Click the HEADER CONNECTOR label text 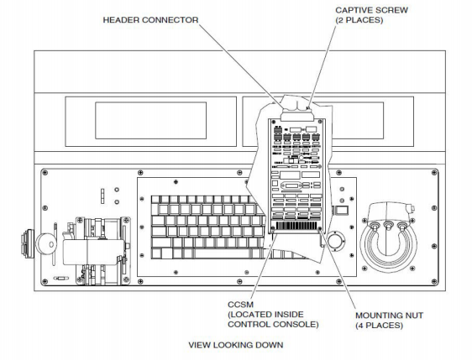click(x=150, y=20)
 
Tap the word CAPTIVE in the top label click(x=353, y=10)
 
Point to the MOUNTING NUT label click(x=389, y=316)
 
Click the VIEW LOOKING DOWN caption click(x=236, y=345)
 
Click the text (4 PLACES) click(x=379, y=326)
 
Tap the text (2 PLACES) click(x=359, y=20)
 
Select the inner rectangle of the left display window click(x=151, y=120)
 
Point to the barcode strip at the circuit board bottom click(x=296, y=227)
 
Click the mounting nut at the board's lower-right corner click(x=320, y=229)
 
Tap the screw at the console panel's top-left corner click(x=45, y=173)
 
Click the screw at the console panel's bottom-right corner click(x=433, y=281)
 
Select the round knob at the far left click(x=46, y=244)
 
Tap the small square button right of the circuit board click(x=341, y=210)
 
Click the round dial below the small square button click(x=336, y=240)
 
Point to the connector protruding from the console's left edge click(x=27, y=243)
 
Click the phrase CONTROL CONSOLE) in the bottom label click(x=273, y=325)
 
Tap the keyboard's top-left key click(x=155, y=200)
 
